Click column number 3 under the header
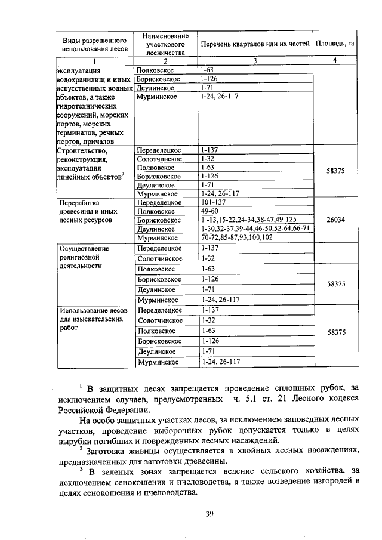pos(255,61)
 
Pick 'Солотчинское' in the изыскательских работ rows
pos(160,320)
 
